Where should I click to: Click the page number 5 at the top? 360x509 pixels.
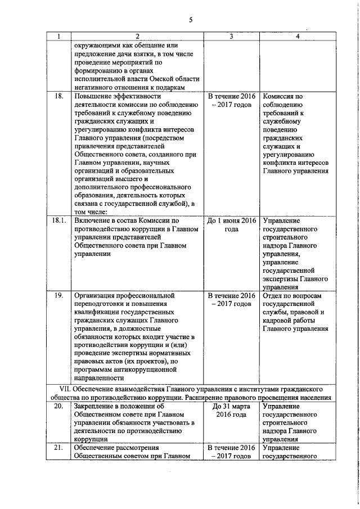point(191,20)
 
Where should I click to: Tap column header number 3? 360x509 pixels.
point(231,37)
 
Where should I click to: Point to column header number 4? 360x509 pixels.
point(298,37)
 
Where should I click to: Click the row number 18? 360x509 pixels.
point(58,97)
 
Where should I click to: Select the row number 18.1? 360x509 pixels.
point(58,220)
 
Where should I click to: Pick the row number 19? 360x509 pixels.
point(58,295)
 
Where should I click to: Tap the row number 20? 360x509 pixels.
point(58,406)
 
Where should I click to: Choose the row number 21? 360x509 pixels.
point(58,447)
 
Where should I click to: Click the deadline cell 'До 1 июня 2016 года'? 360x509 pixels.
point(232,225)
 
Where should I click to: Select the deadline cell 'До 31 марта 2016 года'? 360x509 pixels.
point(232,410)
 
